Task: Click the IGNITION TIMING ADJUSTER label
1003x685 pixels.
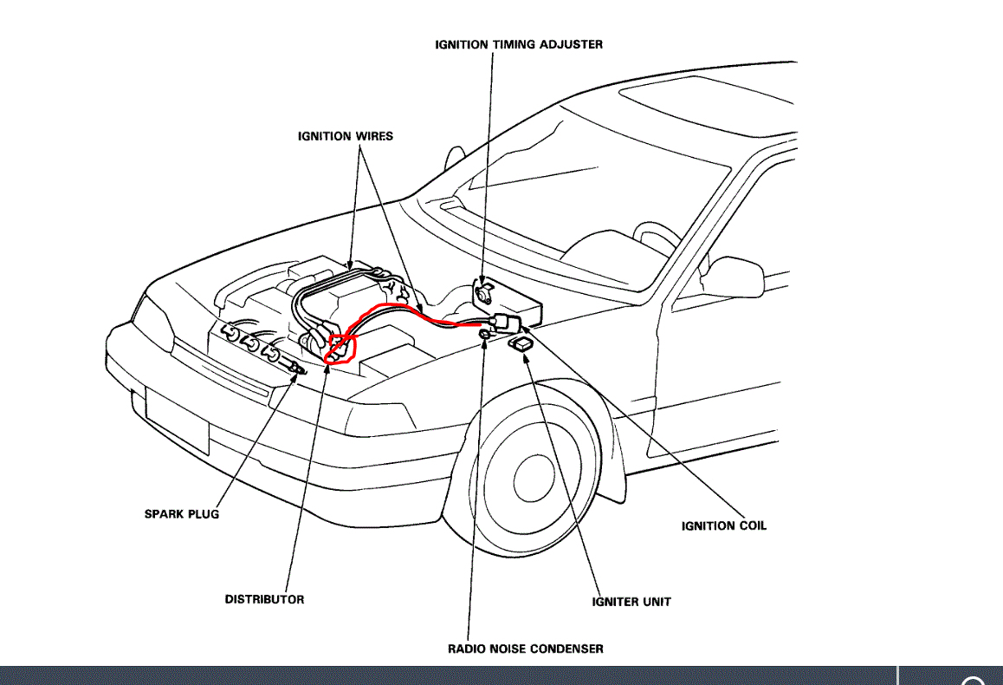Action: (519, 44)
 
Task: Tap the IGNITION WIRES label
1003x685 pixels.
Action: (345, 136)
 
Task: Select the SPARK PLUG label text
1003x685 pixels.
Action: (181, 514)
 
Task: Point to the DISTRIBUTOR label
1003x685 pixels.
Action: (264, 599)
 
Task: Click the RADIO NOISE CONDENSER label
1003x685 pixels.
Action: (525, 649)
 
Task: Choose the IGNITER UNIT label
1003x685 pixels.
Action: (631, 602)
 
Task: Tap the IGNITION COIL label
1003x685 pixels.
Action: (723, 525)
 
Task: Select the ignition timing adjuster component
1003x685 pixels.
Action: (482, 290)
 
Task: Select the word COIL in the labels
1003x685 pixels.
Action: (750, 525)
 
